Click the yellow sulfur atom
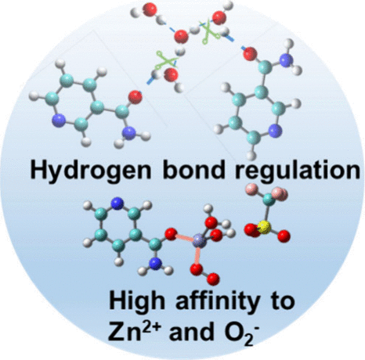264,227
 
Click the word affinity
218,301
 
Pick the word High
137,301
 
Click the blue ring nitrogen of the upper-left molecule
59,121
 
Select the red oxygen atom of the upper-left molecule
136,97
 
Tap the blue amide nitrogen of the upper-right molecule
286,60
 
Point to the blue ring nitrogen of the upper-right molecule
276,131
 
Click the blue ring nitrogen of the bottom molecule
117,203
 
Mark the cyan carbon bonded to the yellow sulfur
269,200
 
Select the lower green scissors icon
165,63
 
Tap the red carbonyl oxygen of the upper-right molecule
250,54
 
